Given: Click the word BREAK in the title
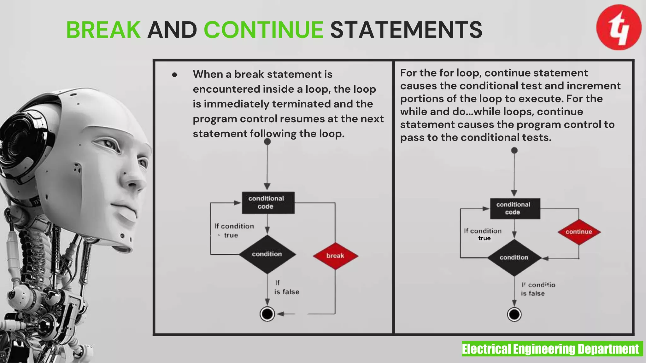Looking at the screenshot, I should pos(103,30).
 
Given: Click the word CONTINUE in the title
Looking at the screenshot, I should pos(264,30).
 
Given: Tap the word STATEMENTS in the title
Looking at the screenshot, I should pos(406,30).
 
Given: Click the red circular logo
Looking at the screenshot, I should pos(619,27).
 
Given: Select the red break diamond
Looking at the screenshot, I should pos(335,256).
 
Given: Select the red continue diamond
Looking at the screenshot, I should pos(579,232).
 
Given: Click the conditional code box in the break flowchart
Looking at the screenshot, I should pos(268,203).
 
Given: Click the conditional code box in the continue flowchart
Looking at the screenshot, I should pos(515,208).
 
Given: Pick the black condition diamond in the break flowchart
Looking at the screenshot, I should pos(267,254).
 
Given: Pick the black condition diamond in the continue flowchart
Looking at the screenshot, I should pos(514,257).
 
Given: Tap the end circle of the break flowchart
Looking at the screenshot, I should pos(267,314).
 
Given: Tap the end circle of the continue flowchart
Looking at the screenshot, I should pos(514,314).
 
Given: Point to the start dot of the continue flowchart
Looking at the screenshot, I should pos(514,150).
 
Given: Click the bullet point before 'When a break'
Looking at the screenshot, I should pos(174,75).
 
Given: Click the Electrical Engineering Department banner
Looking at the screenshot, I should pos(552,349).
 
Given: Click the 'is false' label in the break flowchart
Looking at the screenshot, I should pos(286,292).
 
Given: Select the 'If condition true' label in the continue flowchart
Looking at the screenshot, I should pos(483,234).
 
